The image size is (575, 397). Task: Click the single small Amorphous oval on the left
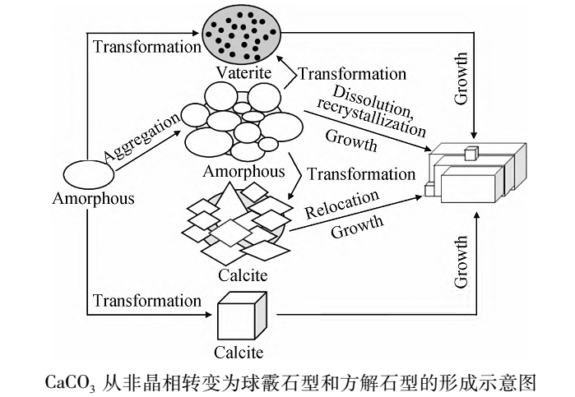tap(88, 174)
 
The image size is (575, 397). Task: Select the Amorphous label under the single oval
tap(93, 199)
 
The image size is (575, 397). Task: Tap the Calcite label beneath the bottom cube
tap(239, 353)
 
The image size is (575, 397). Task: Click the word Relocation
tap(342, 205)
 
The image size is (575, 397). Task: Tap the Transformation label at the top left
tap(147, 46)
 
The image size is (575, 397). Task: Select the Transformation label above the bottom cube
tap(147, 300)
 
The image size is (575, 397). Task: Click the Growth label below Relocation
tap(357, 226)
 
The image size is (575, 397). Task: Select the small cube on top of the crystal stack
tap(471, 152)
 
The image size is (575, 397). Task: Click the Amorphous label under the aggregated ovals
tap(244, 172)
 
